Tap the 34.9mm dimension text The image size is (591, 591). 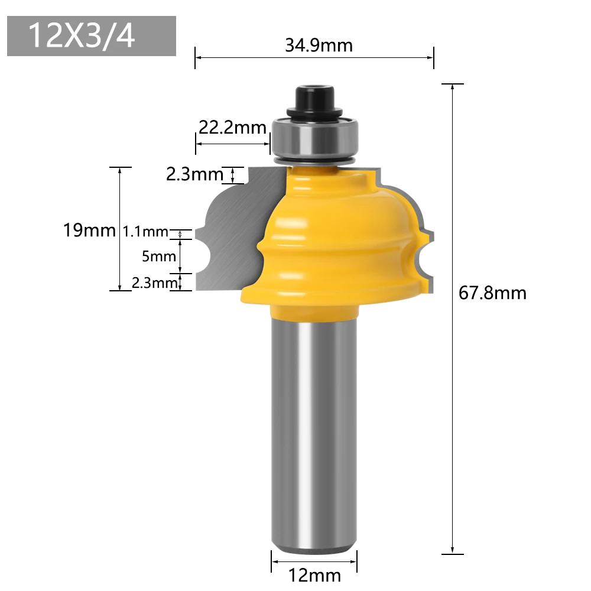(x=319, y=45)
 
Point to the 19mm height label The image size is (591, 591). (x=89, y=230)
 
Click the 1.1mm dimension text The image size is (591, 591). (x=145, y=232)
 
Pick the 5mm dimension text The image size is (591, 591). (x=159, y=256)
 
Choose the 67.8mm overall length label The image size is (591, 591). (x=492, y=293)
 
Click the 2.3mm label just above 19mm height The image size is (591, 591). (x=194, y=174)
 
